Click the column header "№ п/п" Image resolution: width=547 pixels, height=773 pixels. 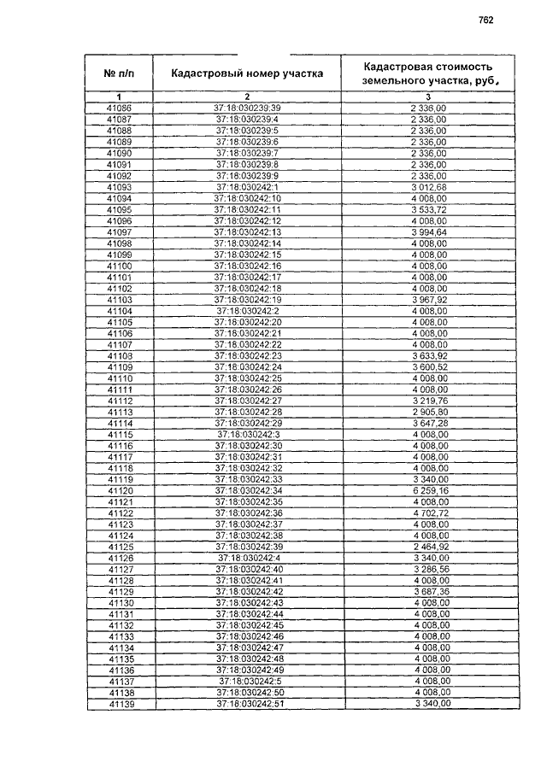point(119,73)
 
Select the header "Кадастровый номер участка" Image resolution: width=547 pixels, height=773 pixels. point(247,73)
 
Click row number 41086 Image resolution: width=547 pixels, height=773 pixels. point(119,108)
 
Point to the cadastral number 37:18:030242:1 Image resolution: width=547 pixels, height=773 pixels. point(247,186)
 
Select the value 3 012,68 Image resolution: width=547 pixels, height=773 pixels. point(429,186)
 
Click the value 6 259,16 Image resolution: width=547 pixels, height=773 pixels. point(430,491)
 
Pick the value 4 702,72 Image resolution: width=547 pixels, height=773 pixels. point(430,513)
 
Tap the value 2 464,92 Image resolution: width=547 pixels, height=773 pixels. point(430,547)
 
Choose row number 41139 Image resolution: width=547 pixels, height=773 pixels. point(119,703)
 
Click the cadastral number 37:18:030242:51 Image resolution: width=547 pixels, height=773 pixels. point(249,703)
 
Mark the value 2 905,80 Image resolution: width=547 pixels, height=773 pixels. point(430,413)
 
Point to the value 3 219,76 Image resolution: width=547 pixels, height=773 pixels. point(430,401)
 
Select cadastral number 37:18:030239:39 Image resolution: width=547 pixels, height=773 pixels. point(247,108)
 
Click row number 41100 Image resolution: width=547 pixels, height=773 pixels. point(119,265)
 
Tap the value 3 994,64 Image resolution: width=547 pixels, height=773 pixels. point(430,231)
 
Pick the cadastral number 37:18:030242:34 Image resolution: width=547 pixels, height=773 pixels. point(249,491)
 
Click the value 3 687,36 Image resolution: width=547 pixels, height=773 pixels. point(430,592)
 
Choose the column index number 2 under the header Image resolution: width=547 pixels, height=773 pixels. point(247,97)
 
